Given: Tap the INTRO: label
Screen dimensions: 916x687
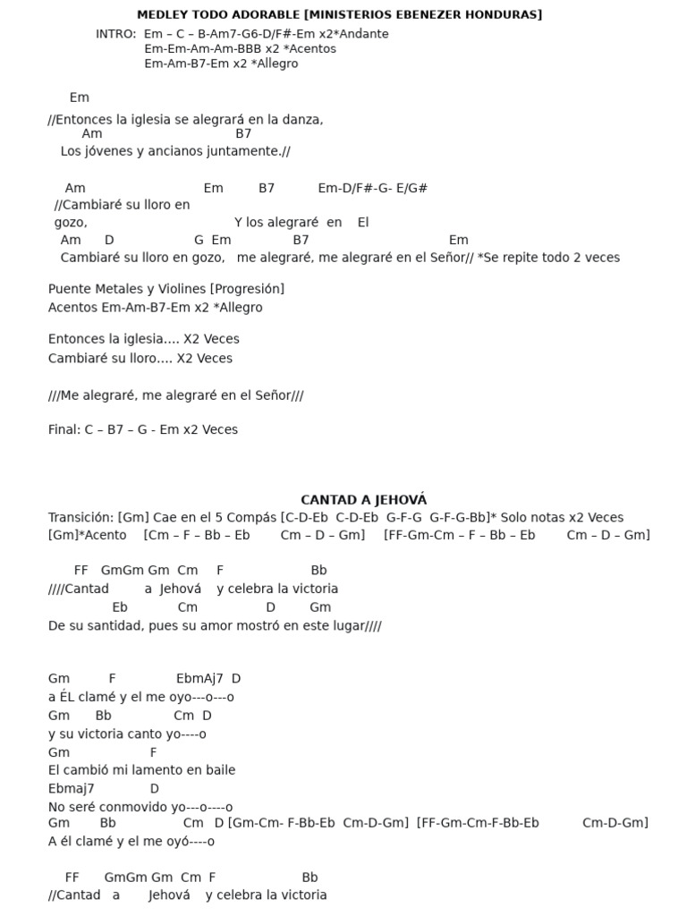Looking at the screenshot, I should [x=115, y=34].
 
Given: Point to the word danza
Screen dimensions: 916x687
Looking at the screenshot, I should [x=304, y=119].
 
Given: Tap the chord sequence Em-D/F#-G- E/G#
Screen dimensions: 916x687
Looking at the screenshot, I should [x=372, y=188].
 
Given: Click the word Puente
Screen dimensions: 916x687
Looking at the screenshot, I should [x=70, y=289].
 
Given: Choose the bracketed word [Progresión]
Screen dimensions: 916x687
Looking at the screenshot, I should [x=247, y=289].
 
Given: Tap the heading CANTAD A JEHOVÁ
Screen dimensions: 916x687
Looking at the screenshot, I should [x=363, y=500].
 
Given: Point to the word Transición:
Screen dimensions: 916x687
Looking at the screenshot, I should [x=81, y=517].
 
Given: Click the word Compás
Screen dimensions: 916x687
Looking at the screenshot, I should [x=251, y=517].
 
